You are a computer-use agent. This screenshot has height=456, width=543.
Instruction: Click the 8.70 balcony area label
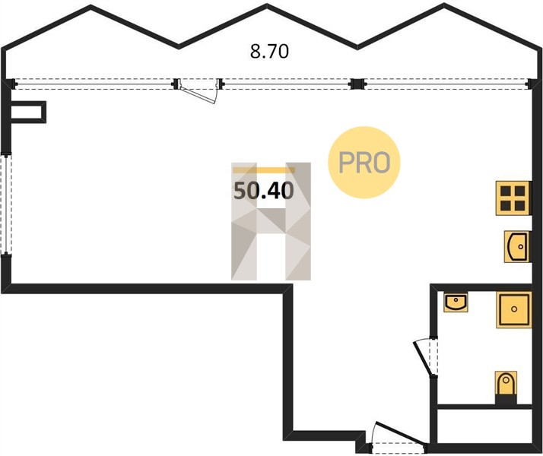point(269,52)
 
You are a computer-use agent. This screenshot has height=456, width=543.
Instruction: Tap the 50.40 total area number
point(264,191)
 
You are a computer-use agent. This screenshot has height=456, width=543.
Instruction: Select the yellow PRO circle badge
point(364,163)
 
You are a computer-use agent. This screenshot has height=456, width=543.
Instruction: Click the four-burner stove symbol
point(513,198)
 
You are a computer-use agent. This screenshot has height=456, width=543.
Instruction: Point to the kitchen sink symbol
point(517,246)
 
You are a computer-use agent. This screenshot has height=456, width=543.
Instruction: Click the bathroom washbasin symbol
point(456,302)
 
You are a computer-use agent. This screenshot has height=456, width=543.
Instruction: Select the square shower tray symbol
point(514,309)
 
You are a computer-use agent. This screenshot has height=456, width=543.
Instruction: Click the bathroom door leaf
point(423,359)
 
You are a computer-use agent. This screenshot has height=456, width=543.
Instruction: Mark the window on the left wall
point(6,204)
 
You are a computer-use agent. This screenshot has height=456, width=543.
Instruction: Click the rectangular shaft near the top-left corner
point(28,112)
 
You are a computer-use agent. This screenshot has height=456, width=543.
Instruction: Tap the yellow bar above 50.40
point(264,170)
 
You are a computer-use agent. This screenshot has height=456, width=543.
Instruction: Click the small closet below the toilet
point(484,426)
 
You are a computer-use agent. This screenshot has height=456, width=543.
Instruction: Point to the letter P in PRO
point(347,163)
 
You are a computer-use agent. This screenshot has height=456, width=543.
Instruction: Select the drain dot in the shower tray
point(514,309)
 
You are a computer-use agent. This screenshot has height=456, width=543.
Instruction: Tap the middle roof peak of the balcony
point(267,6)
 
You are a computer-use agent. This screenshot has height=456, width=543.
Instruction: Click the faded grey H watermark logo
point(271,221)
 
